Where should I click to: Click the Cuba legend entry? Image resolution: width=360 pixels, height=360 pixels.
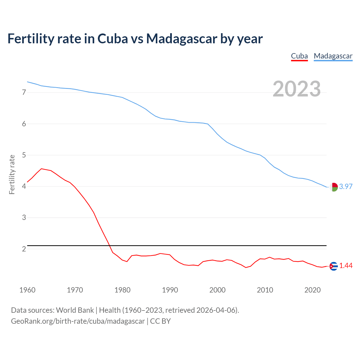pos(299,56)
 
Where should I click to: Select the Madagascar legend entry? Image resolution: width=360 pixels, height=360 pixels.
pos(333,56)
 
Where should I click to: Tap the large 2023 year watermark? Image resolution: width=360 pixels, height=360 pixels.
pos(297,89)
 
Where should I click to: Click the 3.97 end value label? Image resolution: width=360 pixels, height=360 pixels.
pos(346,186)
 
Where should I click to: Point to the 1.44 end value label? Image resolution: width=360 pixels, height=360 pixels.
pos(346,265)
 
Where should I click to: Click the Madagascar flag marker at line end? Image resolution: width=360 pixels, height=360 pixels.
pos(334,187)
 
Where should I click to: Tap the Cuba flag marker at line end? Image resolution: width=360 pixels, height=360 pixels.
pos(334,266)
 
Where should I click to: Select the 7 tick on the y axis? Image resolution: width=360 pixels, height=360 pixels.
pos(24,92)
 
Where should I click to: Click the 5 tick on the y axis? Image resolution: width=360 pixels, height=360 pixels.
pos(24,155)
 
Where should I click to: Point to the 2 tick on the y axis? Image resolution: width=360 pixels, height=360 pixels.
pos(24,249)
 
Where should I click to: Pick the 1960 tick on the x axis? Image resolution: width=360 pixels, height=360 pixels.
pos(27,290)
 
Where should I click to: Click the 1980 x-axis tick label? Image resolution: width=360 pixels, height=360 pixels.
pos(122,290)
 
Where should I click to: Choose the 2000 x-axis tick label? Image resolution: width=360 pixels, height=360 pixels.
pos(217,290)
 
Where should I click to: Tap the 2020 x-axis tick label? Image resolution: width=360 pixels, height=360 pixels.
pos(312,290)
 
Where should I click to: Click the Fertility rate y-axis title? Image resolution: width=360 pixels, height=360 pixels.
pos(12,174)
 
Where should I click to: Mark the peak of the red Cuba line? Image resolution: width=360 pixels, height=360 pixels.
pos(41,169)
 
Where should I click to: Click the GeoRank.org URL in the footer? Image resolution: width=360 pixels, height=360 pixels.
pos(78,321)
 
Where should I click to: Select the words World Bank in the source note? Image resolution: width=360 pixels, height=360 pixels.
pos(75,310)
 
